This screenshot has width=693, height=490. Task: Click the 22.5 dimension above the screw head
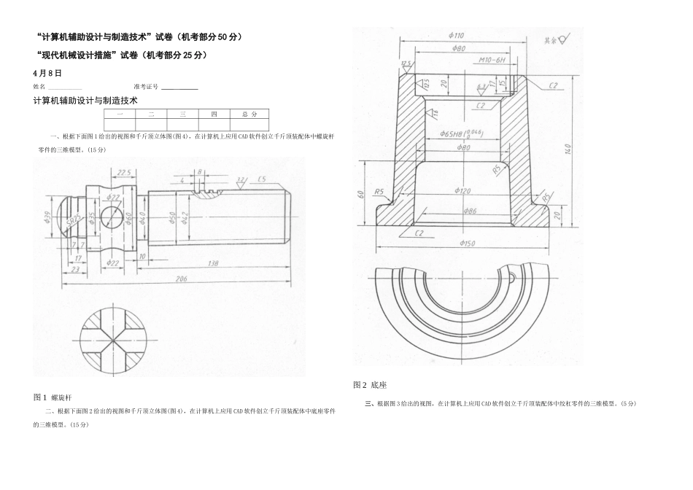tap(123, 173)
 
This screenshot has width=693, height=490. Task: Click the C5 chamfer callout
tap(261, 179)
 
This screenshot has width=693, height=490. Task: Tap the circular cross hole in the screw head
tap(112, 217)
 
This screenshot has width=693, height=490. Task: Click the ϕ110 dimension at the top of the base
tap(457, 36)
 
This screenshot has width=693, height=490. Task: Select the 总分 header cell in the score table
tap(249, 114)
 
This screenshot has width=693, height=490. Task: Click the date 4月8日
tap(47, 74)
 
